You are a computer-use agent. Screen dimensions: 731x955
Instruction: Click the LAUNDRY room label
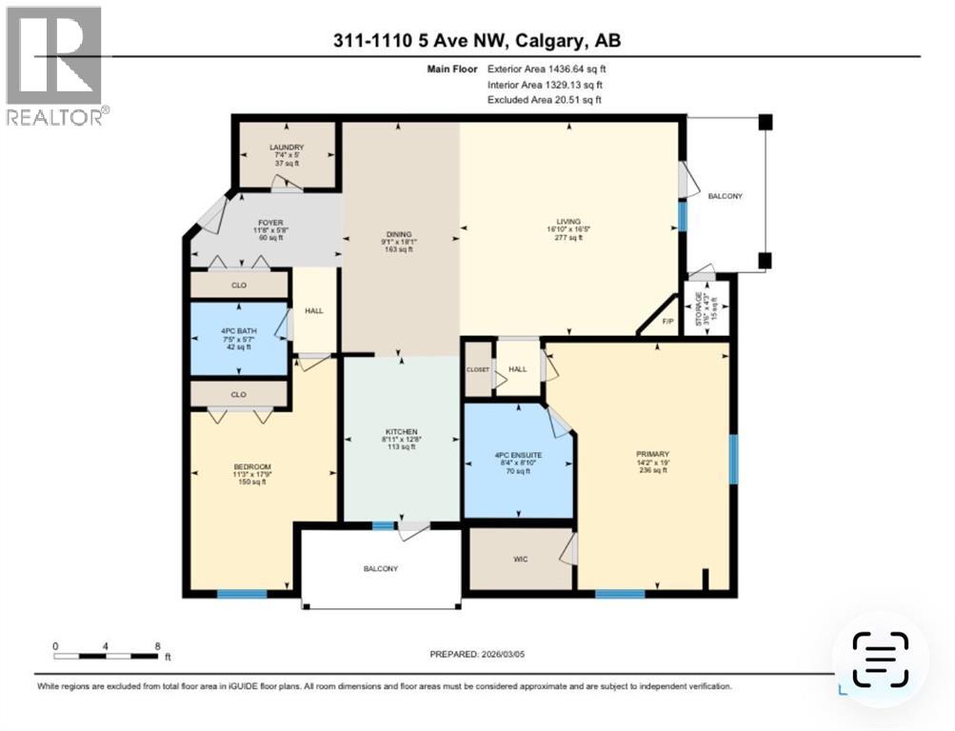[286, 148]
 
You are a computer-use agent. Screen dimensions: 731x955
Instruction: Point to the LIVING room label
[568, 222]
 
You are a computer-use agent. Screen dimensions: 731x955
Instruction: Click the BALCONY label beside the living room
[725, 195]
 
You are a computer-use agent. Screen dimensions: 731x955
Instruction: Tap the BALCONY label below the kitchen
[381, 568]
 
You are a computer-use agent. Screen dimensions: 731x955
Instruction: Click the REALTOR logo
[55, 66]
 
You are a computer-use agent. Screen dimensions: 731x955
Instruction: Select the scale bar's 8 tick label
[156, 646]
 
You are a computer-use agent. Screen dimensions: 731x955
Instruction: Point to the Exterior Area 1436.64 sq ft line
[546, 69]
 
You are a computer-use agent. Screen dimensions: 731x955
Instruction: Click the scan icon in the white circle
[880, 660]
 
